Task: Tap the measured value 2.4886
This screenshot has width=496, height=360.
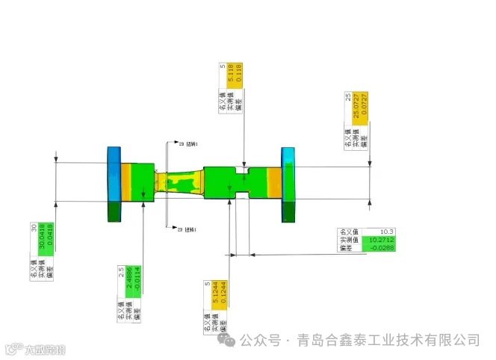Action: point(129,283)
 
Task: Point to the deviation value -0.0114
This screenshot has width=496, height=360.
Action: point(137,283)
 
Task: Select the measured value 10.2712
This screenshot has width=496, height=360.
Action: point(382,240)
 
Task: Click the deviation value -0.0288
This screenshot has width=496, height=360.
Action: point(382,249)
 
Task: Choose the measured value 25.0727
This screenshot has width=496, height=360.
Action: point(357,110)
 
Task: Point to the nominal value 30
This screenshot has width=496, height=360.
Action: point(34,228)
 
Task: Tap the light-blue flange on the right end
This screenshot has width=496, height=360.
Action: point(288,184)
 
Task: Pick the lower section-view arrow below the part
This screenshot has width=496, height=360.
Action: point(171,229)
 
